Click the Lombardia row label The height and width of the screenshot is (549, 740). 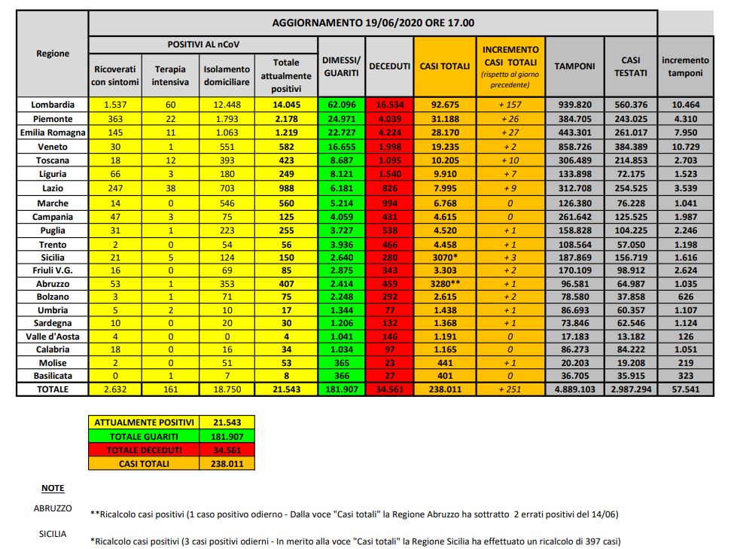tap(52, 105)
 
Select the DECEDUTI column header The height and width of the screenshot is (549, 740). tap(388, 66)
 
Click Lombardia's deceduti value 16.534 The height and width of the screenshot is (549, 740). tap(388, 105)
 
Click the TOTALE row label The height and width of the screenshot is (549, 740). tap(52, 389)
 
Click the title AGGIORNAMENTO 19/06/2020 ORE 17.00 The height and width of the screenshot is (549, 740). tap(373, 23)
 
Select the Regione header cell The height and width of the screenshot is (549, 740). tap(52, 53)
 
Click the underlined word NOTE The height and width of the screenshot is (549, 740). tap(52, 488)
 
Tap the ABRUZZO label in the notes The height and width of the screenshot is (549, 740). tap(52, 508)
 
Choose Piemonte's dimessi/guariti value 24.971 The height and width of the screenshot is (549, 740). tap(341, 117)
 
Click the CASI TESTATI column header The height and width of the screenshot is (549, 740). tap(630, 66)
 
